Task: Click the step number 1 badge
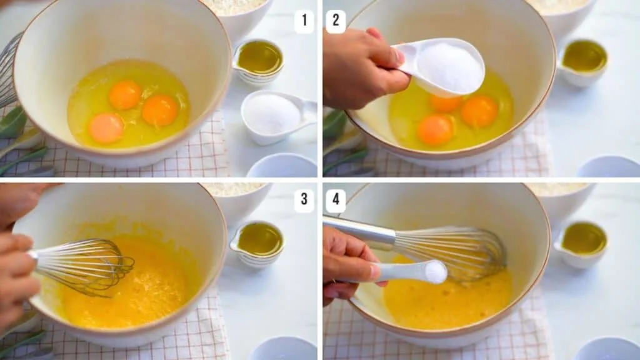tap(304, 21)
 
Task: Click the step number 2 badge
tap(336, 21)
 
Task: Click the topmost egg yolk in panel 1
tap(125, 95)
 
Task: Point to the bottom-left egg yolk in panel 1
tap(106, 128)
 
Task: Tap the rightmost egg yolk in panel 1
tap(160, 110)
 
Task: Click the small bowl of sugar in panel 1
tap(272, 116)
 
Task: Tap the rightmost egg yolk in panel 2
tap(479, 111)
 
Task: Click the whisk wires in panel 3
tap(94, 266)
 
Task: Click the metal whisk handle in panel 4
tap(359, 231)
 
